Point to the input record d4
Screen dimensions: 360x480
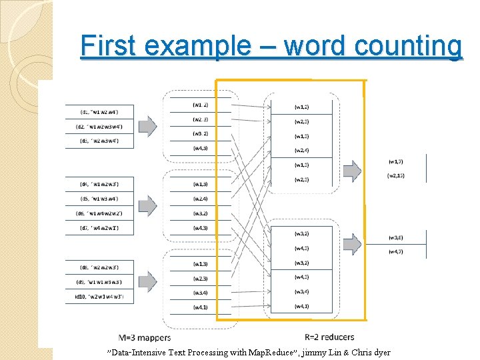tap(100, 184)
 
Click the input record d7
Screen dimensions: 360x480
tap(100, 229)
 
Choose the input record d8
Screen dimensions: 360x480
tap(100, 268)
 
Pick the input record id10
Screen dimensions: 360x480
tap(100, 297)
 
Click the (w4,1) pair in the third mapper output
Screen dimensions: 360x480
tap(200, 307)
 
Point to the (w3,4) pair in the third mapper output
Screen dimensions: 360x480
tap(200, 293)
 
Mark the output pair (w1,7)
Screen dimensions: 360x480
tap(395, 161)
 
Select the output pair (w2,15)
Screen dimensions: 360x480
tap(397, 175)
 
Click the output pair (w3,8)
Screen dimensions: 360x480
tap(395, 237)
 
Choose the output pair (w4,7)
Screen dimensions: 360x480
tap(395, 252)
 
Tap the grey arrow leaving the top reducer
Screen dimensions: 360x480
tap(352, 170)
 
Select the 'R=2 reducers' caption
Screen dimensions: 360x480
tap(329, 337)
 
